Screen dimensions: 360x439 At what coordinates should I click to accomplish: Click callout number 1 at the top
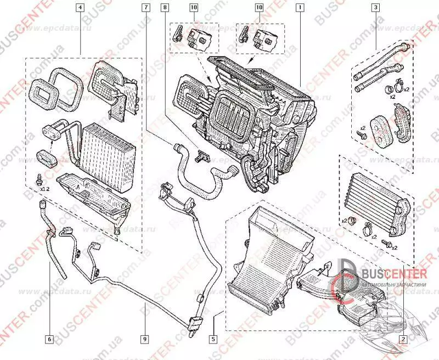click(x=300, y=8)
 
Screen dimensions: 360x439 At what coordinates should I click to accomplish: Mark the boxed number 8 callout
click(x=165, y=8)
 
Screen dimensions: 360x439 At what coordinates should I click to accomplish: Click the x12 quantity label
click(x=45, y=188)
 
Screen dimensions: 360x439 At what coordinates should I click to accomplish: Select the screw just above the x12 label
click(x=41, y=179)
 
